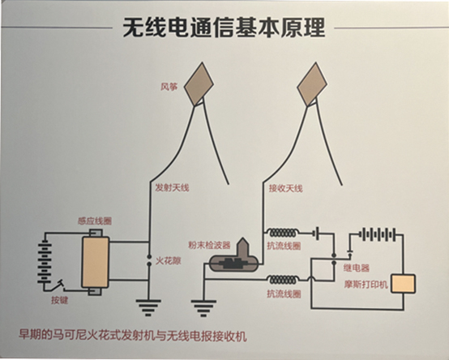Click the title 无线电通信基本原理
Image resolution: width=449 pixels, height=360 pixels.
point(224,28)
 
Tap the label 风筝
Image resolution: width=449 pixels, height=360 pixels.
point(169,87)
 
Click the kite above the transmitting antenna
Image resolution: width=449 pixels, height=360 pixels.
point(199,84)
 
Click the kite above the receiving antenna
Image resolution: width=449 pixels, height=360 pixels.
point(312,84)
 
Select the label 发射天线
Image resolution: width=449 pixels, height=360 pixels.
point(172,188)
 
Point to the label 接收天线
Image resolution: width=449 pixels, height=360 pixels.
point(285,188)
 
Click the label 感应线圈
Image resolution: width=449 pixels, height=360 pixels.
point(95,221)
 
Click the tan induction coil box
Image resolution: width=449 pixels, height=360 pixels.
point(96,262)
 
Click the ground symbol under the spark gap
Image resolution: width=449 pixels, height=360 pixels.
point(148,307)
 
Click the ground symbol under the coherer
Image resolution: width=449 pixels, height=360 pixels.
point(203,308)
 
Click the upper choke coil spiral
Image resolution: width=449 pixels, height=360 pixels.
point(283,232)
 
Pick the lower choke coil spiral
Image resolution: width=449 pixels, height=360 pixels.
point(283,279)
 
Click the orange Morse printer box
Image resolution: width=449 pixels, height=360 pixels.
point(403,284)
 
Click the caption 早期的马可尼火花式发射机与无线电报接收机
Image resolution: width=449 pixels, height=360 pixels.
point(133,336)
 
